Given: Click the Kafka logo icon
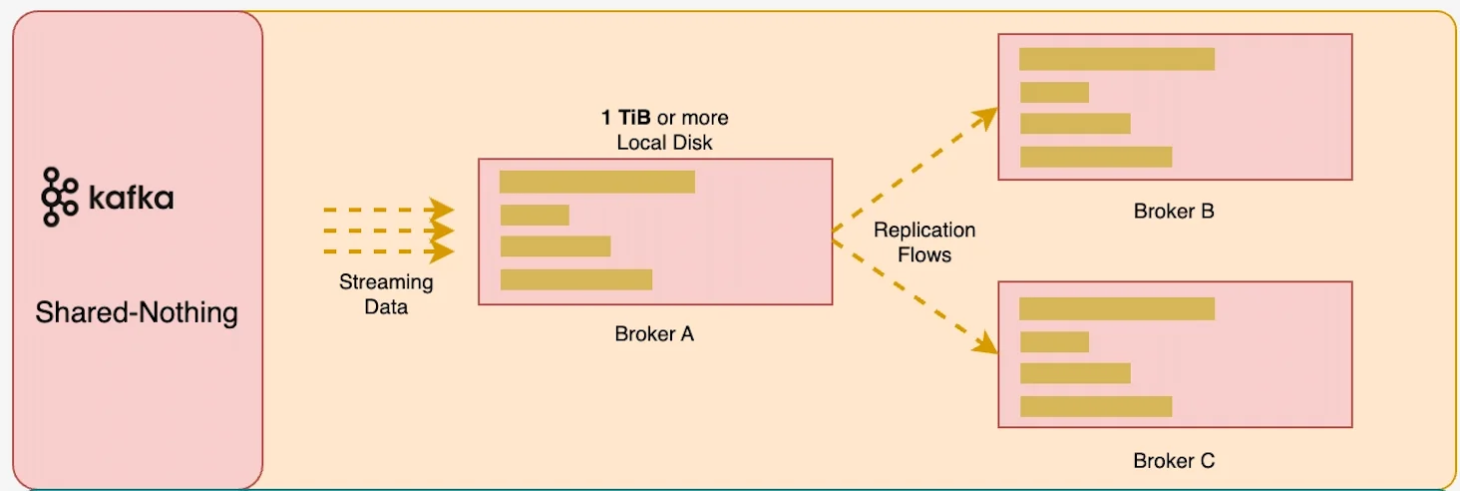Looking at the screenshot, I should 59,198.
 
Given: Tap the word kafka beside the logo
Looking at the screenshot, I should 131,199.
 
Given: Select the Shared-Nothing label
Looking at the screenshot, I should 137,313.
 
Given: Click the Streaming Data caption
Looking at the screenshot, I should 386,294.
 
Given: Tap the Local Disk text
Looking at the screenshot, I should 664,143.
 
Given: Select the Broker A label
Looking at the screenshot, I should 654,334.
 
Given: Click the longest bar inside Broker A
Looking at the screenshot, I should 596,182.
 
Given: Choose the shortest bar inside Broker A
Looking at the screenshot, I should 535,215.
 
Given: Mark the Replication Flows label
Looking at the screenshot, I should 924,243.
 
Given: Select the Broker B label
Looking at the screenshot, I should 1174,212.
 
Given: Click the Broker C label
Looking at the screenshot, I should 1174,461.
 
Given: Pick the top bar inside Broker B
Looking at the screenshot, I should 1117,59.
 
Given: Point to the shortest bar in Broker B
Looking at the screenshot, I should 1054,92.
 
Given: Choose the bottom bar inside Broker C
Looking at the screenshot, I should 1095,406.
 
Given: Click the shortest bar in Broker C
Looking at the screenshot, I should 1054,341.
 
